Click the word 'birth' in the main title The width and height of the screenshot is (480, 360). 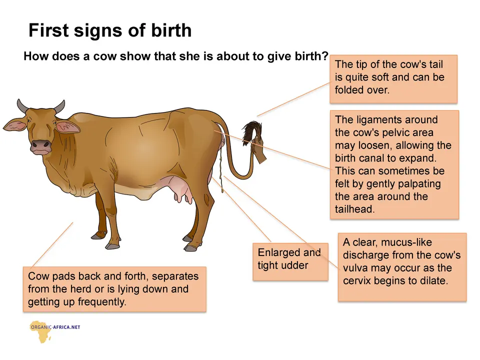click(x=171, y=30)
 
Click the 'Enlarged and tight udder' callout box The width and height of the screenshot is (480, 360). click(x=290, y=261)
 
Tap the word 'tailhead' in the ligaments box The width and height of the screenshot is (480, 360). click(x=353, y=209)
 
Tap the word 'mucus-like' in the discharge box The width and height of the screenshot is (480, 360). click(x=406, y=242)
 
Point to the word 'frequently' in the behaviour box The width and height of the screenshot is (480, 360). click(x=101, y=302)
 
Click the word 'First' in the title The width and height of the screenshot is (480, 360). click(x=48, y=30)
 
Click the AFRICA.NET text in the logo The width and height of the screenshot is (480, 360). click(x=66, y=327)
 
